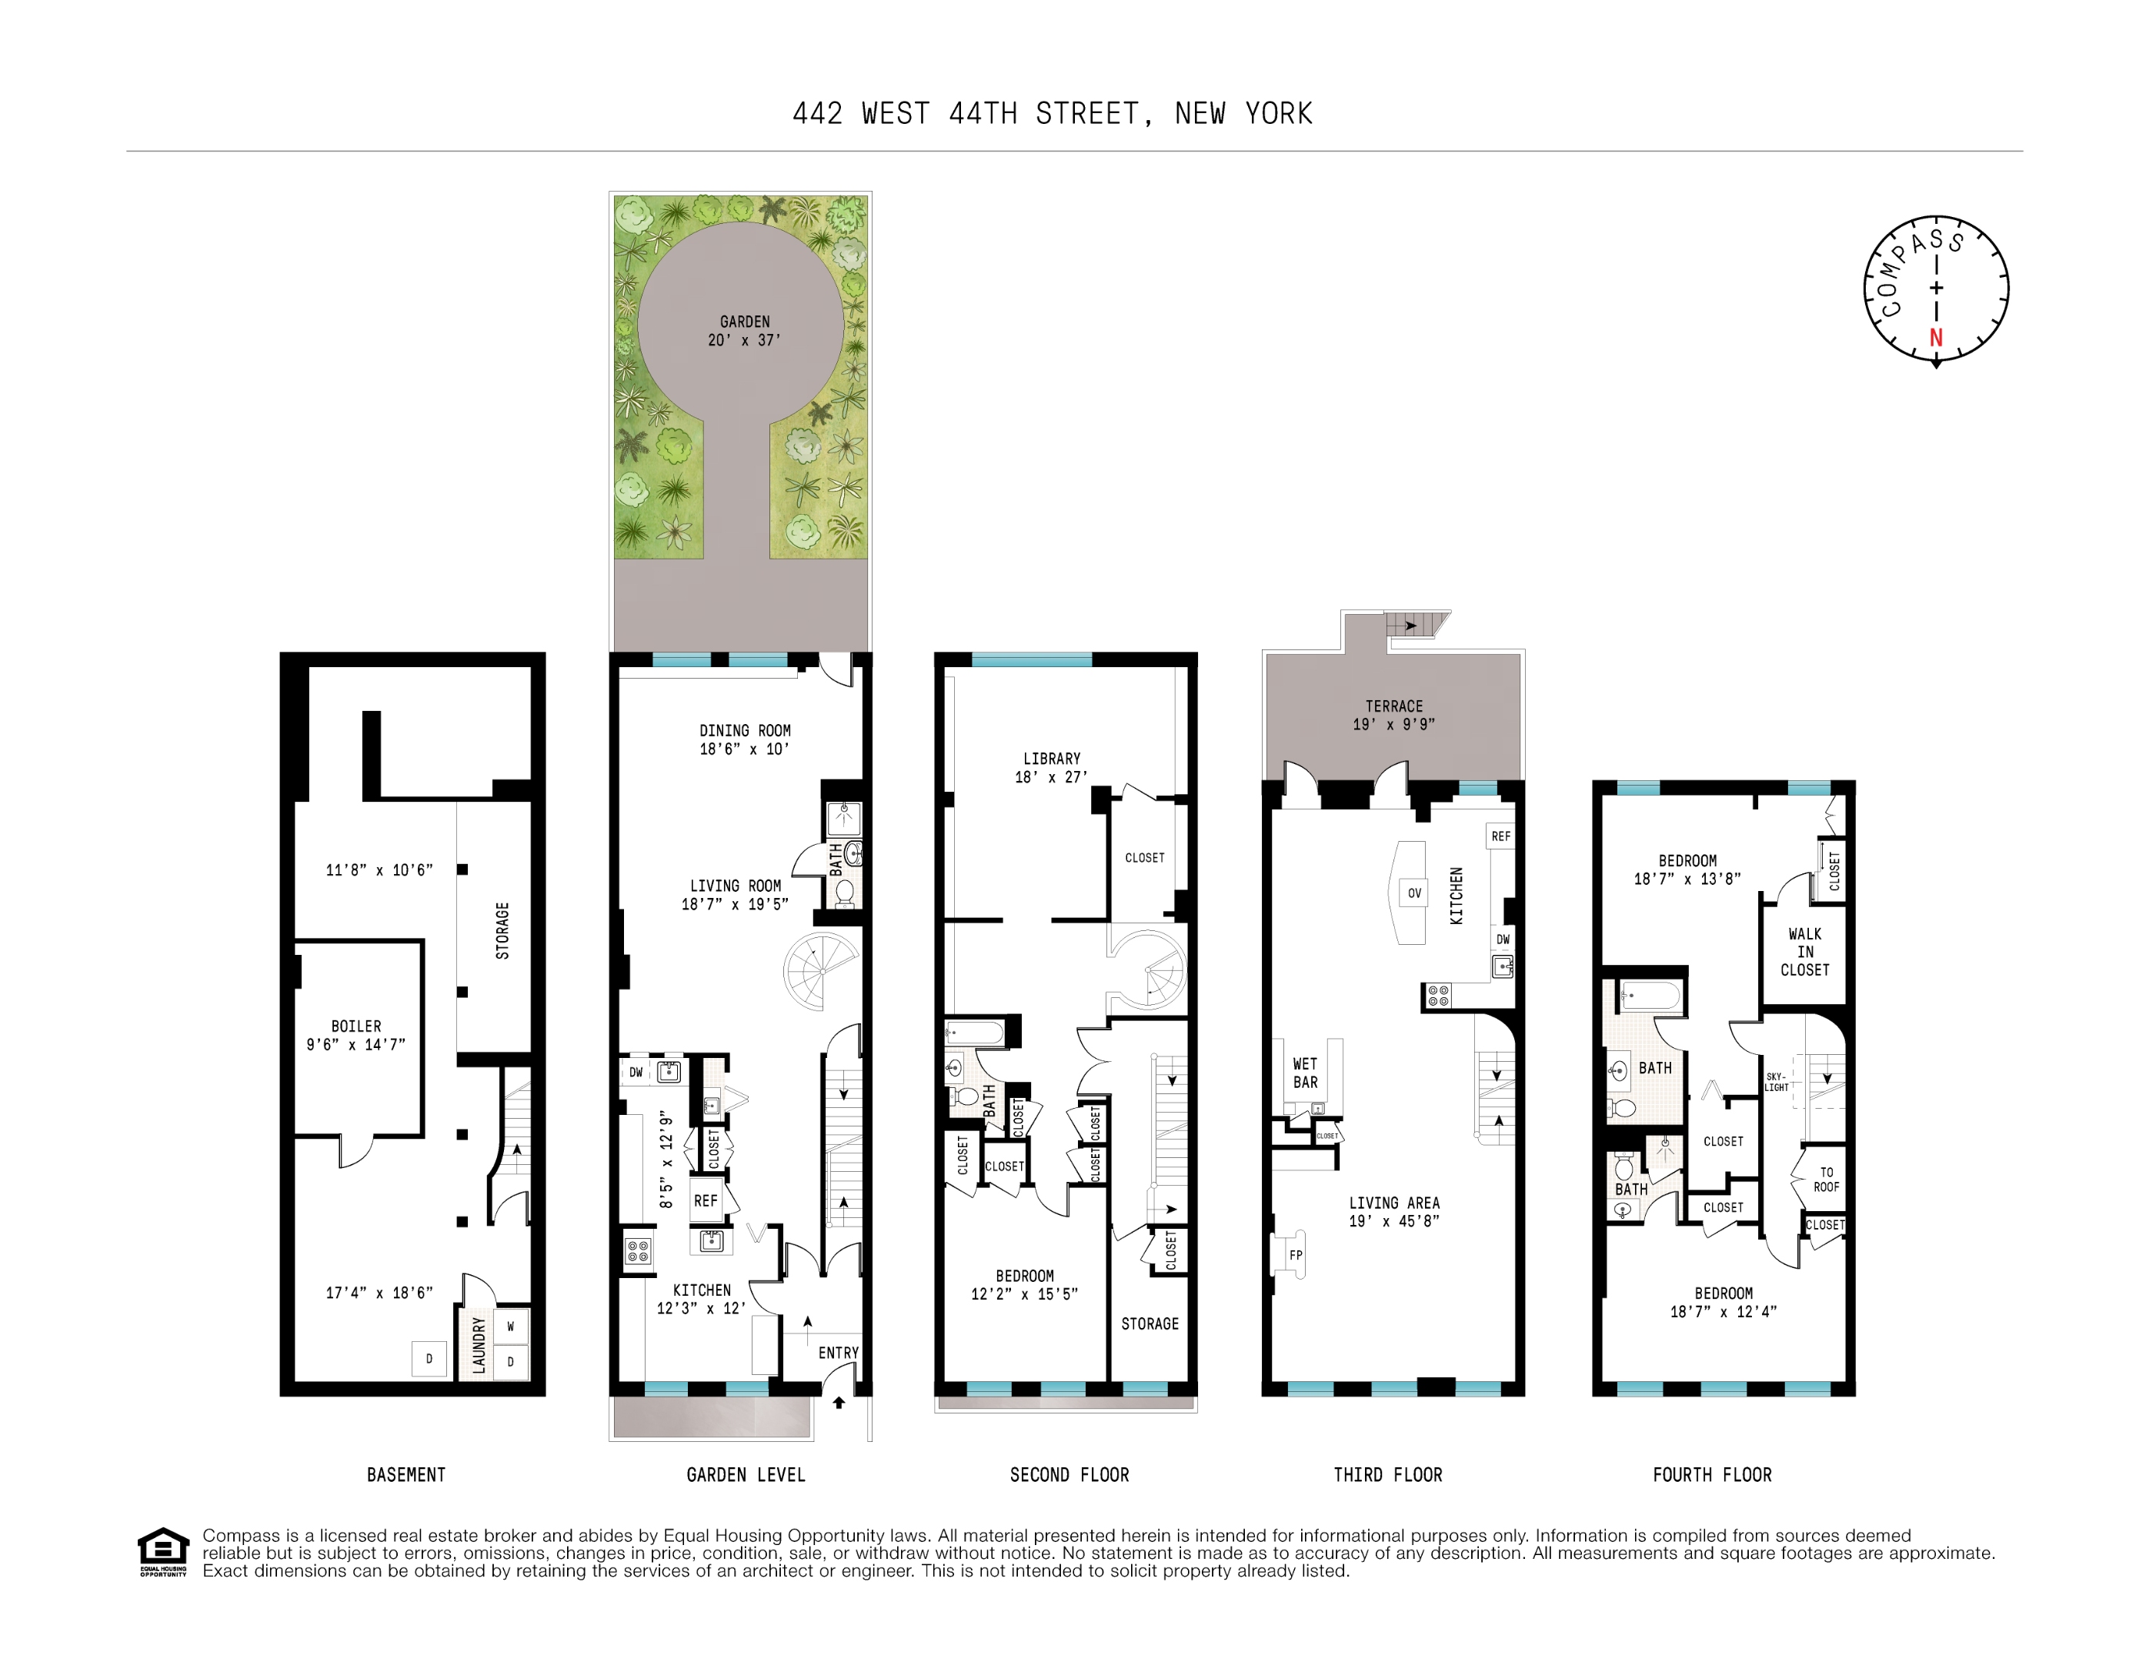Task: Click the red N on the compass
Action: click(x=1935, y=338)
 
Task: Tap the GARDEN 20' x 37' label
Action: click(x=745, y=331)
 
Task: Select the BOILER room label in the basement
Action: click(x=356, y=1034)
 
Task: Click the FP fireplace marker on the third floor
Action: click(x=1296, y=1255)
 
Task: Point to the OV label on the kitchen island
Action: click(x=1414, y=893)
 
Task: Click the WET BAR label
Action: click(x=1305, y=1073)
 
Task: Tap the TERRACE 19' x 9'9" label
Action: click(x=1393, y=714)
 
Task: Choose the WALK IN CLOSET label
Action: click(x=1804, y=952)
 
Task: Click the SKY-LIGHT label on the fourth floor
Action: click(x=1776, y=1081)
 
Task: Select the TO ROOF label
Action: click(x=1827, y=1179)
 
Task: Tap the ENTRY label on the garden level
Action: click(x=839, y=1353)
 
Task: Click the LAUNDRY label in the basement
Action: click(x=479, y=1345)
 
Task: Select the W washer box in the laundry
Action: click(x=511, y=1327)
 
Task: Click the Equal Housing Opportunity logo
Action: click(x=162, y=1552)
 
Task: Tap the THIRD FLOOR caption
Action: click(x=1387, y=1474)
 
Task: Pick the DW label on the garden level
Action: click(x=636, y=1072)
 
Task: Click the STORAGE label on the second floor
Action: click(x=1150, y=1323)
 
